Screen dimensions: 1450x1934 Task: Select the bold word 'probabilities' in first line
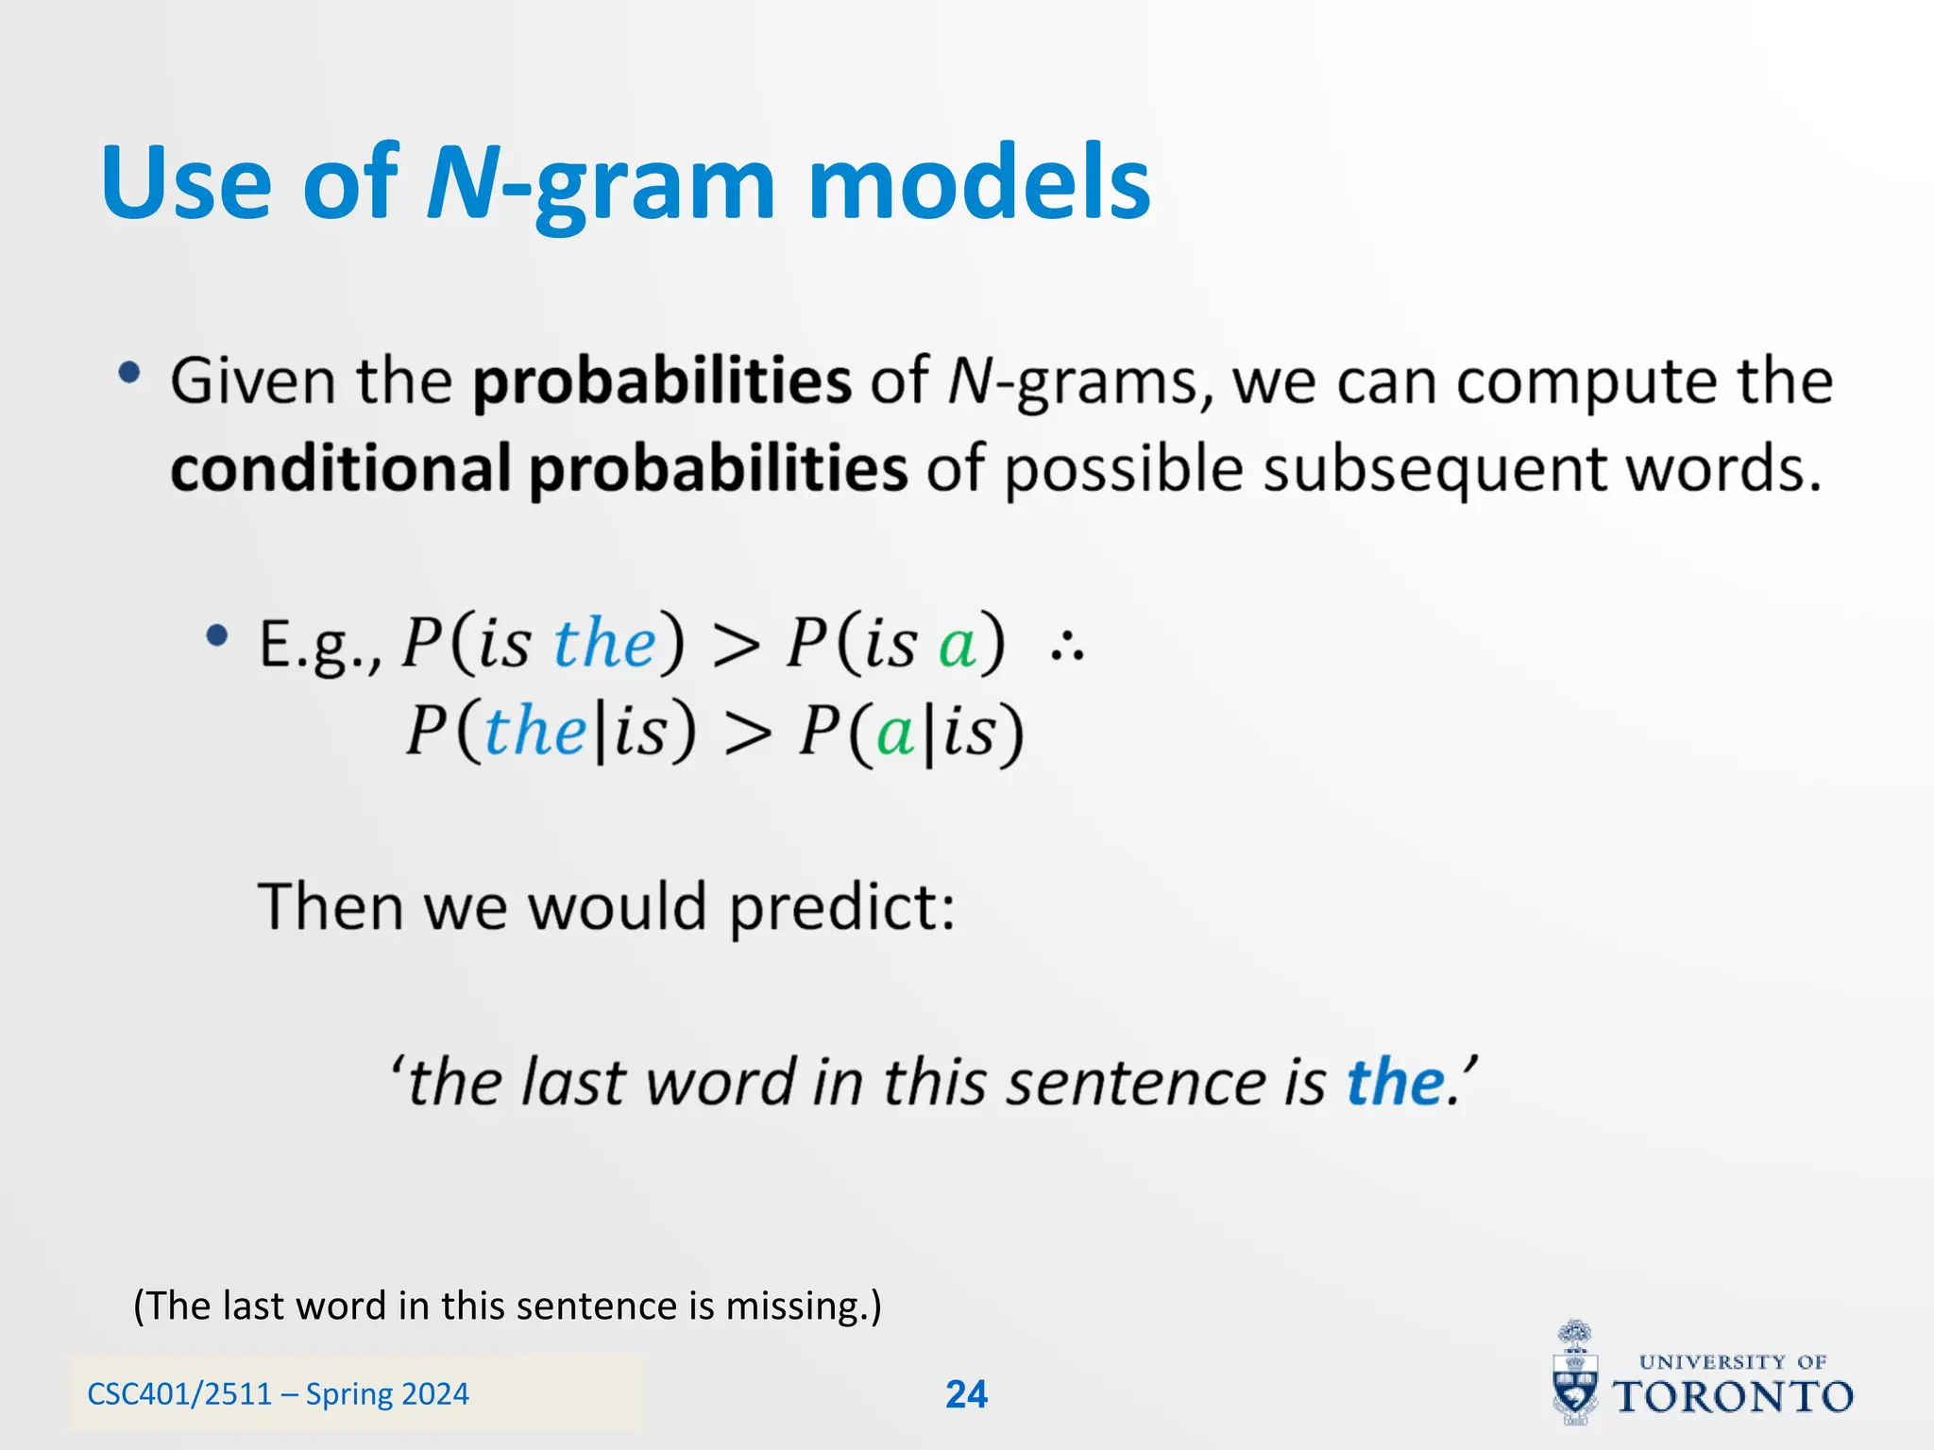click(662, 382)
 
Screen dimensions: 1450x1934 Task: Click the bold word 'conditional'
click(341, 469)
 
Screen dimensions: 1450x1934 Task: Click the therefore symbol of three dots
click(1067, 648)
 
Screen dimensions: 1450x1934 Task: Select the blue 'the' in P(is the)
click(604, 644)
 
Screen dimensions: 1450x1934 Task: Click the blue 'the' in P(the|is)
click(535, 732)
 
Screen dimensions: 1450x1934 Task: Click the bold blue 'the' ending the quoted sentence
click(1395, 1082)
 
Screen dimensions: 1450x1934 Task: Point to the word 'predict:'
click(842, 908)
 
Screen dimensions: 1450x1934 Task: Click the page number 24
click(966, 1394)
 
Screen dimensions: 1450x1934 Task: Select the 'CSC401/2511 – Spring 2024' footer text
click(278, 1394)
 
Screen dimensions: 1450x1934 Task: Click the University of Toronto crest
click(1575, 1375)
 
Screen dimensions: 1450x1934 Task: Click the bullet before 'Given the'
click(129, 374)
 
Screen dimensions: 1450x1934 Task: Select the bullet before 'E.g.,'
click(217, 636)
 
